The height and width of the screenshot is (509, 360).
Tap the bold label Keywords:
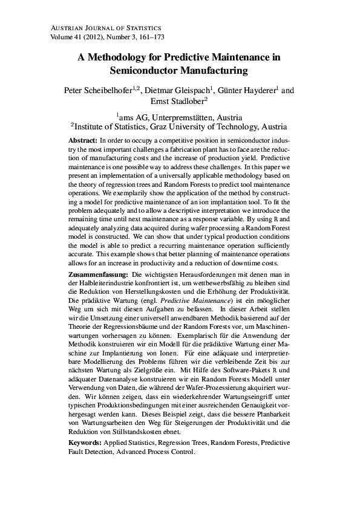coord(85,443)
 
